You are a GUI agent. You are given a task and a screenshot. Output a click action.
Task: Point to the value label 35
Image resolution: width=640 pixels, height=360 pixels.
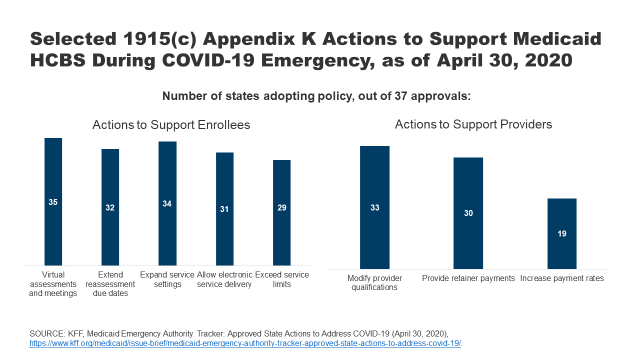53,202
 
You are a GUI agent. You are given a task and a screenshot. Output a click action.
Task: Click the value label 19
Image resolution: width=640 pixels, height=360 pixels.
562,233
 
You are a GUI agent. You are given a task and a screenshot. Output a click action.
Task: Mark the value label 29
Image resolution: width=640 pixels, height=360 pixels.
281,207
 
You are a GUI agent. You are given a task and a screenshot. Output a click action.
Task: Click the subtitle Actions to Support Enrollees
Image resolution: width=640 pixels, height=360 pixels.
171,125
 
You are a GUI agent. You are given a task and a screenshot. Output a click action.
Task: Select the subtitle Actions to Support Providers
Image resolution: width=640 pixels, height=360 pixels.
473,124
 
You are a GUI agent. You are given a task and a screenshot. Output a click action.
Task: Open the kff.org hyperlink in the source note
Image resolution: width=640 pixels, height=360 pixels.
245,343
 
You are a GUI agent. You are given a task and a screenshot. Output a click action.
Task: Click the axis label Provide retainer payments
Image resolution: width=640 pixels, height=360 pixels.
468,278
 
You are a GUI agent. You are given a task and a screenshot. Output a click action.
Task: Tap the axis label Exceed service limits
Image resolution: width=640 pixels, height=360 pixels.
281,279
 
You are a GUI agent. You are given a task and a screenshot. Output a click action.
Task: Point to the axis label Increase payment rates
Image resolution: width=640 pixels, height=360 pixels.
562,278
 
